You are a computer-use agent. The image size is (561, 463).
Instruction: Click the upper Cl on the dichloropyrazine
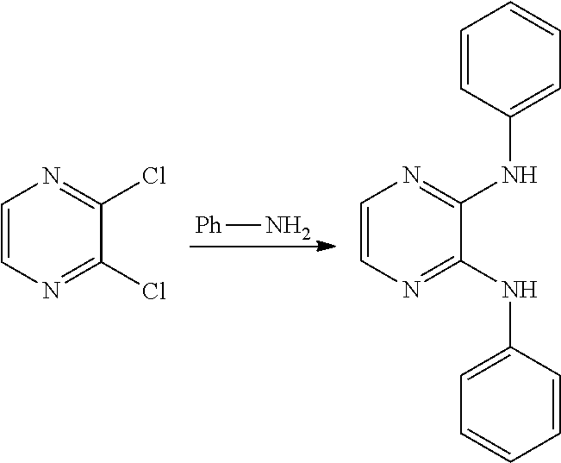click(x=153, y=178)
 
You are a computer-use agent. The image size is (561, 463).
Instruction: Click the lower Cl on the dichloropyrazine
click(x=153, y=291)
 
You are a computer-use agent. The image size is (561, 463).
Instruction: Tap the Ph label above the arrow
click(x=209, y=226)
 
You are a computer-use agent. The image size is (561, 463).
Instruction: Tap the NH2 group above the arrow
click(x=285, y=228)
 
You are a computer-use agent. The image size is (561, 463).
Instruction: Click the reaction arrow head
click(x=326, y=247)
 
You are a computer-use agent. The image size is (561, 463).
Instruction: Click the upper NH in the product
click(x=518, y=177)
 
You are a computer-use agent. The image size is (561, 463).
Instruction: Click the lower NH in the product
click(x=518, y=290)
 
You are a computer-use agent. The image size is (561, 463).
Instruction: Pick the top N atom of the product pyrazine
click(x=409, y=177)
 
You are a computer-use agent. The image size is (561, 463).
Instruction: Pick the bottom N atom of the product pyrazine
click(x=409, y=290)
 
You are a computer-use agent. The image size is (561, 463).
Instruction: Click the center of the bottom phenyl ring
click(x=510, y=407)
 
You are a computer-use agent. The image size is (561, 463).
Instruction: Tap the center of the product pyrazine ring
click(x=409, y=234)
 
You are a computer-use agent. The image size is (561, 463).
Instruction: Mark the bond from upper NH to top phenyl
click(x=510, y=140)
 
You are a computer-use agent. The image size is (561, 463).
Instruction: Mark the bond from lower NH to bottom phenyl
click(x=510, y=328)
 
